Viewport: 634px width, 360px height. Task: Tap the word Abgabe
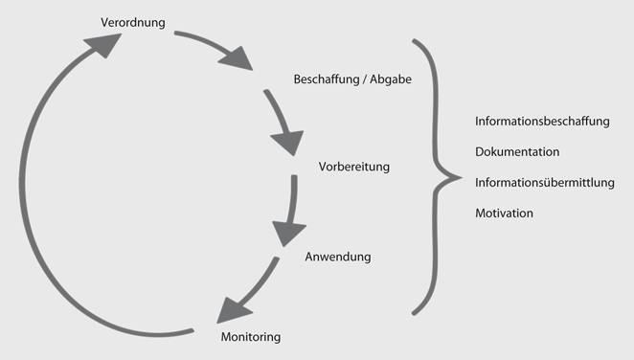pyautogui.click(x=391, y=79)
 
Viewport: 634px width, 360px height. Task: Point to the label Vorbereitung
pyautogui.click(x=354, y=167)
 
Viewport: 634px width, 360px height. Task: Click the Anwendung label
pyautogui.click(x=337, y=257)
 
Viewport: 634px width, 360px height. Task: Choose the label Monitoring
pyautogui.click(x=251, y=337)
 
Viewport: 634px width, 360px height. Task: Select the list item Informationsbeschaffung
pyautogui.click(x=542, y=122)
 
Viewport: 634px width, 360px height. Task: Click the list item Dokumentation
pyautogui.click(x=517, y=152)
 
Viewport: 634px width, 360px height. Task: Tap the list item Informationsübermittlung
pyautogui.click(x=544, y=182)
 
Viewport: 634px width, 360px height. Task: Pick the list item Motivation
pyautogui.click(x=504, y=213)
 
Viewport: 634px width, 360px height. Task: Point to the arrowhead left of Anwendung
pyautogui.click(x=288, y=233)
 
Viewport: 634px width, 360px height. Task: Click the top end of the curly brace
pyautogui.click(x=414, y=41)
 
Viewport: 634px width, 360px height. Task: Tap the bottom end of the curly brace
pyautogui.click(x=414, y=312)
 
